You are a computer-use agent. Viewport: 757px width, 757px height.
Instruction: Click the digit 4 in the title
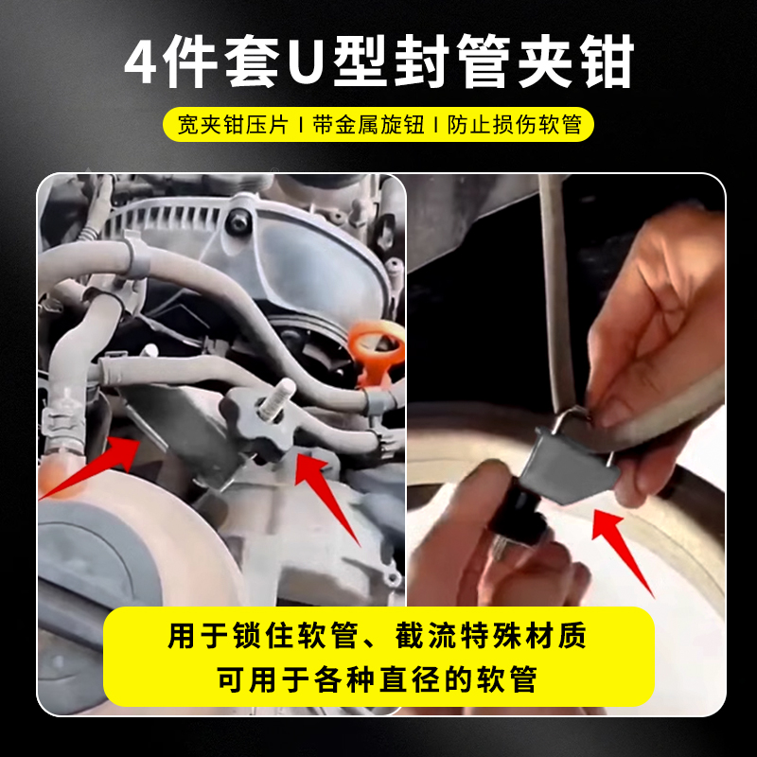pyautogui.click(x=140, y=62)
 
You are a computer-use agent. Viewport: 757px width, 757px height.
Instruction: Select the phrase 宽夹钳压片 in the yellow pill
pyautogui.click(x=233, y=125)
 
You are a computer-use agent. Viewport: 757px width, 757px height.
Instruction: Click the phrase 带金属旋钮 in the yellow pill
pyautogui.click(x=368, y=125)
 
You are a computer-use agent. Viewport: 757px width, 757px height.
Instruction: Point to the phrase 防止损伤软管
pyautogui.click(x=515, y=125)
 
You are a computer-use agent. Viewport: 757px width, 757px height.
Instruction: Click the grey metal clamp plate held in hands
pyautogui.click(x=570, y=465)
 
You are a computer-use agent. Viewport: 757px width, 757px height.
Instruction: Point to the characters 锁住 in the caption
pyautogui.click(x=263, y=635)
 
